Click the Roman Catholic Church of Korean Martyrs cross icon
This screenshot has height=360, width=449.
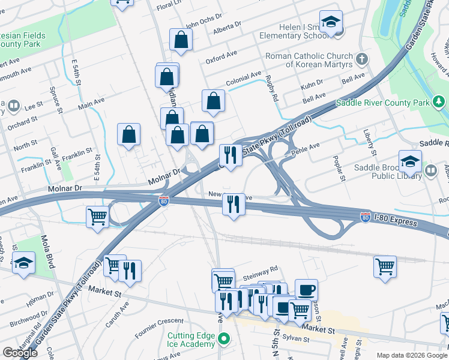[x=361, y=59]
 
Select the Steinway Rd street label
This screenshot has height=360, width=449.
[x=261, y=271]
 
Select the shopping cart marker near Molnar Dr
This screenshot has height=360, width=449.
[x=97, y=217]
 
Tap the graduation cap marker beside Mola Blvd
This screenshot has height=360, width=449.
[x=23, y=264]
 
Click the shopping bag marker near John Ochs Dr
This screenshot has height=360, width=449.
[x=181, y=40]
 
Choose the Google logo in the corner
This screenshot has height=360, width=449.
[x=20, y=353]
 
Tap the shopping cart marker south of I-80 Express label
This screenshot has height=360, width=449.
[x=385, y=266]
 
